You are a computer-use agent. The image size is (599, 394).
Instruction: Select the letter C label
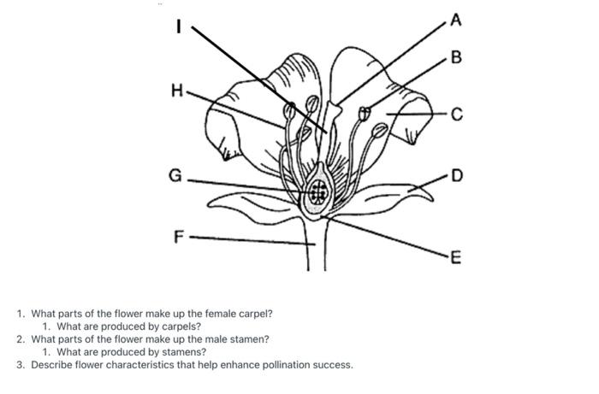pyautogui.click(x=457, y=115)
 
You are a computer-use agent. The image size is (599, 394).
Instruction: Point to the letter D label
pyautogui.click(x=457, y=175)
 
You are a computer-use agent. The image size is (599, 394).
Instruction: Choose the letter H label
pyautogui.click(x=176, y=89)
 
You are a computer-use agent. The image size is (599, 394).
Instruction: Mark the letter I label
pyautogui.click(x=178, y=26)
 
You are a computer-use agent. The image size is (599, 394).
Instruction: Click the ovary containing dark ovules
pyautogui.click(x=319, y=191)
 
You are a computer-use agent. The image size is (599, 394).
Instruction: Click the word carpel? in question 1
pyautogui.click(x=256, y=314)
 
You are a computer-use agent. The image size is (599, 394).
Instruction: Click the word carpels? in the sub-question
pyautogui.click(x=182, y=326)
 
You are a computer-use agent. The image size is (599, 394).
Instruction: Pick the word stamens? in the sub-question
pyautogui.click(x=186, y=352)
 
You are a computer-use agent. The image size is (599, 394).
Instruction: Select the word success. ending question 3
pyautogui.click(x=330, y=365)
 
